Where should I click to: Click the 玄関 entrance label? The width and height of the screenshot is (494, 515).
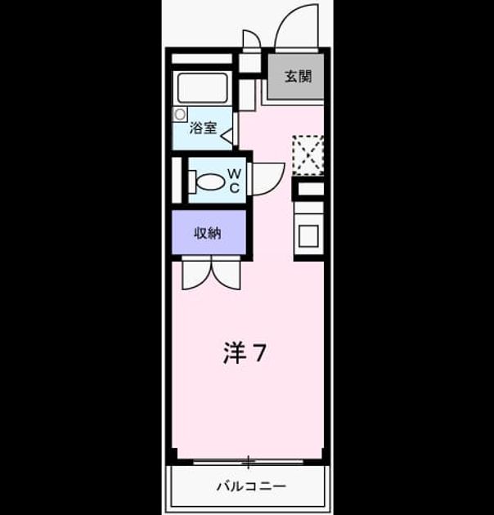[298, 77]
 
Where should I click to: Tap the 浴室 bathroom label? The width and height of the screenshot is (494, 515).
[203, 128]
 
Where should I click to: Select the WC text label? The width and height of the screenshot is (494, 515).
[235, 181]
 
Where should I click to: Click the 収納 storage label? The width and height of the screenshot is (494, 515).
[208, 233]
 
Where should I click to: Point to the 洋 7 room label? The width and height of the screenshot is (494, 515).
[245, 353]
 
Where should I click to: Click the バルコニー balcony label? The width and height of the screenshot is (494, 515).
[251, 486]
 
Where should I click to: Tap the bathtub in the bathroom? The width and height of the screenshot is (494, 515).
[203, 87]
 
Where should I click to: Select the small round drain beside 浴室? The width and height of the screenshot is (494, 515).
[179, 114]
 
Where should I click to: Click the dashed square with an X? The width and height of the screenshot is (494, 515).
[308, 155]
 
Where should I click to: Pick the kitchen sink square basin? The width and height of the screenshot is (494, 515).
[308, 235]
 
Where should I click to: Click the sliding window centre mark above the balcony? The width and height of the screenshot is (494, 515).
[249, 462]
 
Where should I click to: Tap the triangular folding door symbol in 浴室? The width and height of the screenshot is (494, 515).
[227, 136]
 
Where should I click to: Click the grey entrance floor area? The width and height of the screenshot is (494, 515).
[296, 77]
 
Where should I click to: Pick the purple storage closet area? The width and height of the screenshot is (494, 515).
[209, 232]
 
